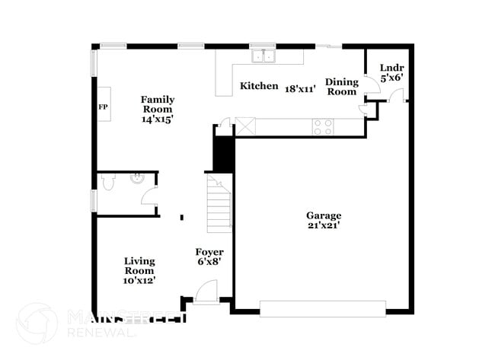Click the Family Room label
[158, 104]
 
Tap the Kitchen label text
[259, 86]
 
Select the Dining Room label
[341, 87]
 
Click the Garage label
[324, 215]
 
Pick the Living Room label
[139, 266]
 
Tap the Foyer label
[209, 252]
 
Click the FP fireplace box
[103, 107]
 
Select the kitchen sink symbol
[263, 56]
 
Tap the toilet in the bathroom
[107, 183]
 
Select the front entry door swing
[206, 292]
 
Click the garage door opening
[322, 308]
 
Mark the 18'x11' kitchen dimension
[300, 88]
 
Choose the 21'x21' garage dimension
[324, 225]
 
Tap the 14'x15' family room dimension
[158, 119]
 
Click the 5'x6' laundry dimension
[391, 77]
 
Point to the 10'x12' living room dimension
[139, 280]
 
